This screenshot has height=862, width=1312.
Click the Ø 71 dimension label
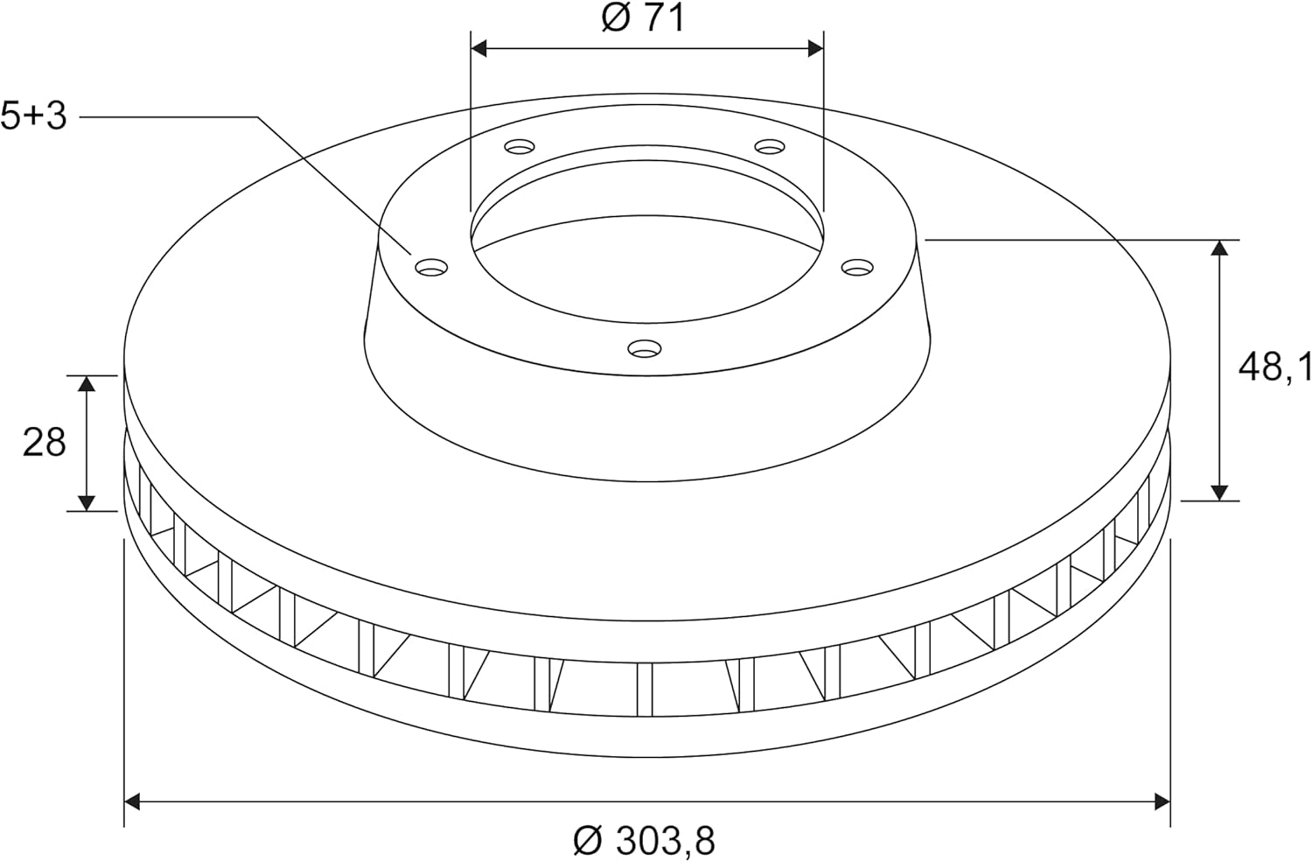pos(643,18)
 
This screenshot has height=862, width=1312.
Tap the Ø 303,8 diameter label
pos(644,841)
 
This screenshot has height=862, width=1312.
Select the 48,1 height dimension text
pos(1274,368)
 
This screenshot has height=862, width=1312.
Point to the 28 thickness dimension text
pos(44,442)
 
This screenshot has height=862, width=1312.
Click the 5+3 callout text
pos(33,116)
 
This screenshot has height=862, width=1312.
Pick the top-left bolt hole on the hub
pos(519,146)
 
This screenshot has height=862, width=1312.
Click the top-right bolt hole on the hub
pos(770,146)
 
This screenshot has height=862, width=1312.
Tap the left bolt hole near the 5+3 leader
pos(431,267)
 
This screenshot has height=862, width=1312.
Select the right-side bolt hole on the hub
pos(857,267)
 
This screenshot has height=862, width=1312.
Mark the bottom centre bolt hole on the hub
pos(645,349)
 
